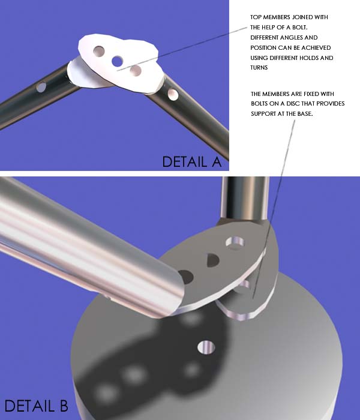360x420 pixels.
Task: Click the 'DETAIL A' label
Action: coord(192,162)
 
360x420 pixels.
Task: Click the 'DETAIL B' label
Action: coord(36,406)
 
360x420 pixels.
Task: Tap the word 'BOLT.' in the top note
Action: coord(299,28)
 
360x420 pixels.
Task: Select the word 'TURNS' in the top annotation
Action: coord(259,67)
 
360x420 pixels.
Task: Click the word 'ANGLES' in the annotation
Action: coord(284,37)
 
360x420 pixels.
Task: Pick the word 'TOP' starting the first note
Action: coord(256,17)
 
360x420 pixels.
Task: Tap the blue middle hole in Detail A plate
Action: coord(118,61)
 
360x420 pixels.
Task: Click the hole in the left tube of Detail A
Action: coord(41,87)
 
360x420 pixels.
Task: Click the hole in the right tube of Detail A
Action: coord(173,95)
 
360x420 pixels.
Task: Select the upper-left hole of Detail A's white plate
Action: coord(99,51)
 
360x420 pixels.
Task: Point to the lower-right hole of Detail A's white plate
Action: coord(136,71)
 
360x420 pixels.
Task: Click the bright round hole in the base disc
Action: coord(206,347)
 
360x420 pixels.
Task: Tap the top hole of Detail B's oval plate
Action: coord(235,242)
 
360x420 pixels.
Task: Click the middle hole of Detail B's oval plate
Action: coord(213,260)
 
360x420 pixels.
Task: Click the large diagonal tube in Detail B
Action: coord(88,247)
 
